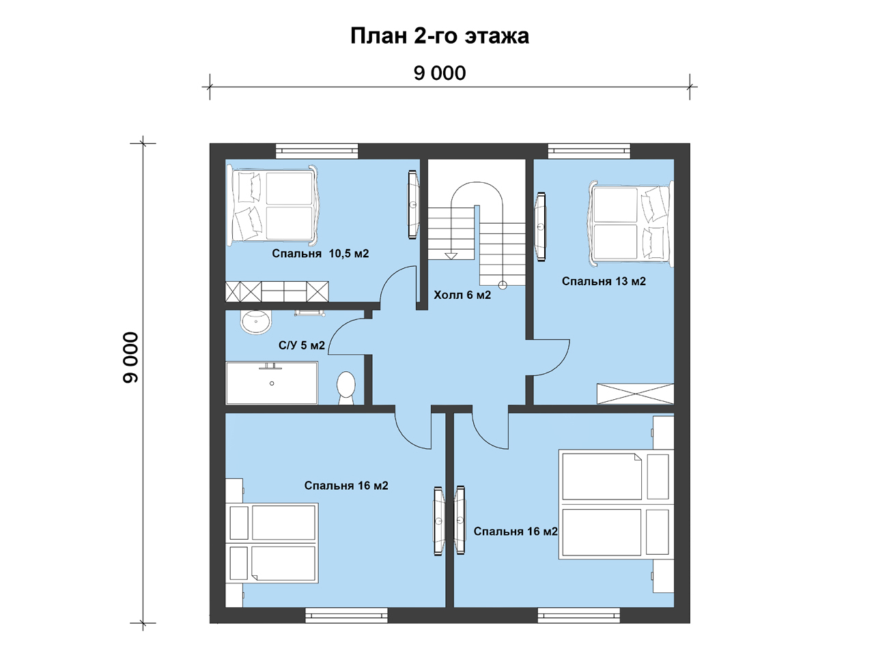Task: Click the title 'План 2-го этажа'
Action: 440,36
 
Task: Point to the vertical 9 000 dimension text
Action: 130,357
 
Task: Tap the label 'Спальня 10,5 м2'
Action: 320,253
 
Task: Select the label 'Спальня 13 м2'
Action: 604,281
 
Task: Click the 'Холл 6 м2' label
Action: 462,295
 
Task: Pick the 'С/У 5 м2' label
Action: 301,345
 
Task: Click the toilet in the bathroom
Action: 346,388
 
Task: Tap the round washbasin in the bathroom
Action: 256,322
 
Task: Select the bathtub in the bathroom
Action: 272,383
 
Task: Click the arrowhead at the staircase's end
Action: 451,256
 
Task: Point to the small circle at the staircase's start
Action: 503,285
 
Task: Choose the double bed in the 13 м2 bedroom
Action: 631,224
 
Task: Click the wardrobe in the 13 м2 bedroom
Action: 635,394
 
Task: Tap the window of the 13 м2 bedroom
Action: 589,151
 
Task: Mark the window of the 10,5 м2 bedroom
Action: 317,151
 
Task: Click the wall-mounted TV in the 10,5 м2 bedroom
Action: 413,205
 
